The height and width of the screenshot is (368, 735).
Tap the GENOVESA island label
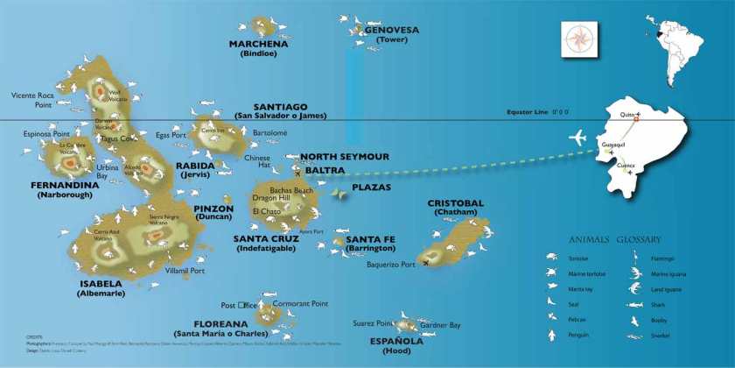pos(391,30)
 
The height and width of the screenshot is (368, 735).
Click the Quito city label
pos(626,115)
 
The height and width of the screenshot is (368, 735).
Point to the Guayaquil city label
pos(612,144)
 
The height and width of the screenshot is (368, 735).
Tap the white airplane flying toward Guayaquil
pos(578,138)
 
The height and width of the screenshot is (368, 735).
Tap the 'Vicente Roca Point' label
pos(32,99)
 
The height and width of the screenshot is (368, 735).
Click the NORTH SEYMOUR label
pos(344,157)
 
